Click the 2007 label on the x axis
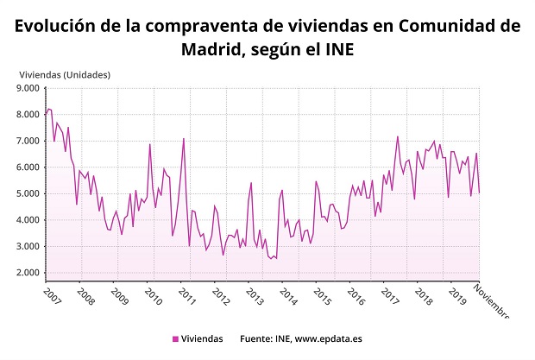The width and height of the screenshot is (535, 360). point(52,295)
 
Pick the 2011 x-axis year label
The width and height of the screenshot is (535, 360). point(186,295)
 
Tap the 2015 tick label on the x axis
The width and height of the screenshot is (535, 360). point(322,295)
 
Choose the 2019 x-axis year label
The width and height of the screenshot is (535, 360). point(456,295)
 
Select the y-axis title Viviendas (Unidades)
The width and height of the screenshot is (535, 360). point(66,73)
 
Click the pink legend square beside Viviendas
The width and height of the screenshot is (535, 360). point(176,339)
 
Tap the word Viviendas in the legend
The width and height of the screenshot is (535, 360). point(203,339)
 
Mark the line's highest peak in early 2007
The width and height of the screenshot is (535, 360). point(49,109)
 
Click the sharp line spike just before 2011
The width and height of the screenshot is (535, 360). point(184,138)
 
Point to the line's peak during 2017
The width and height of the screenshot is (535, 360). point(398,136)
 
